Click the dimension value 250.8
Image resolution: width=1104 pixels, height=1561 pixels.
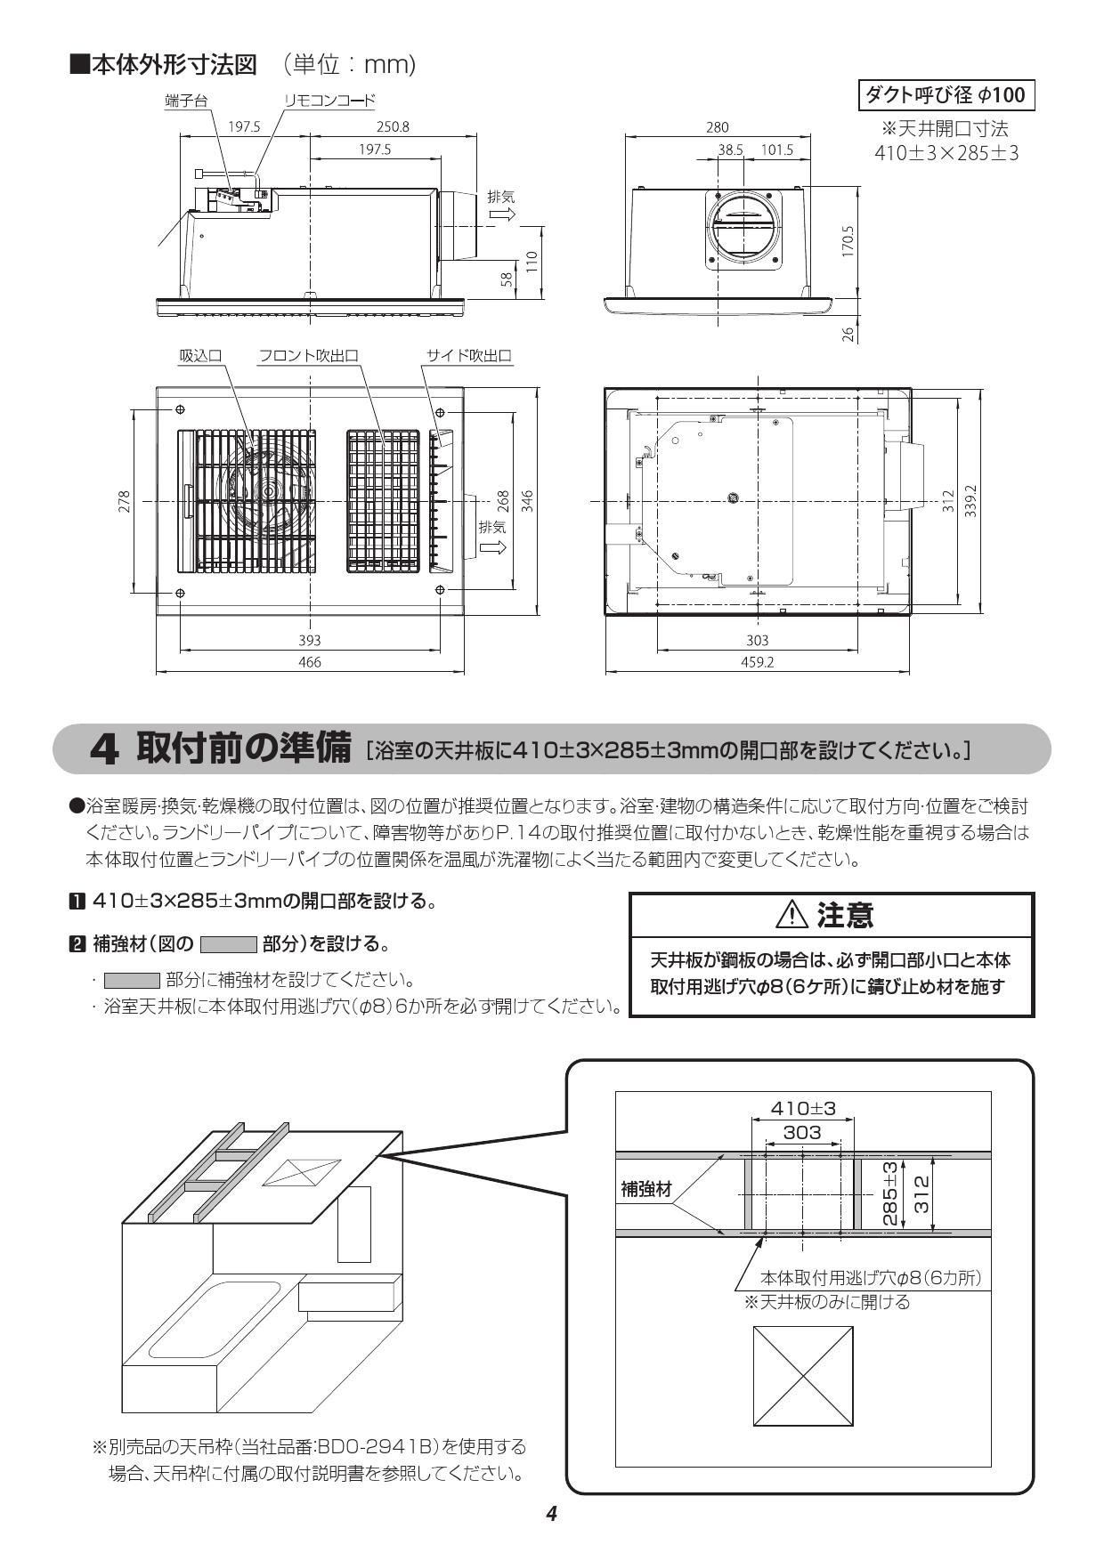pos(393,126)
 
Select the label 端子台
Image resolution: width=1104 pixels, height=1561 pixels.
pos(186,101)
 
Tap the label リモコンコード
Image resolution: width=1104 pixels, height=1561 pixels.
pos(329,101)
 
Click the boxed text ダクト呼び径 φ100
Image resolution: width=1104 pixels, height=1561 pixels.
pos(946,94)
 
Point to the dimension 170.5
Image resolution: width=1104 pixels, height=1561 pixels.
pos(848,241)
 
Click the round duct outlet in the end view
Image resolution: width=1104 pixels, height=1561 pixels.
pos(745,226)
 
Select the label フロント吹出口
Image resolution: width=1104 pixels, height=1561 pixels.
pos(308,355)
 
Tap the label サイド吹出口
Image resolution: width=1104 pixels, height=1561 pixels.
pos(468,355)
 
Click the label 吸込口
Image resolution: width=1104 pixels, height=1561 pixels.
pos(200,355)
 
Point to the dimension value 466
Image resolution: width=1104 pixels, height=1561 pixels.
pos(309,661)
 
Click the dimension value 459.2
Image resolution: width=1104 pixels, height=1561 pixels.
pos(757,661)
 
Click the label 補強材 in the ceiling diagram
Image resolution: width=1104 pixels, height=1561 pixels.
pos(646,1189)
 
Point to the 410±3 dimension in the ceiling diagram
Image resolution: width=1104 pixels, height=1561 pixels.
pos(803,1108)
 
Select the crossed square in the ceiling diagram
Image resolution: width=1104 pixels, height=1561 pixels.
pos(803,1375)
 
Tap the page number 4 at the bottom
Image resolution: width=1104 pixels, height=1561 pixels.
pos(551,1514)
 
